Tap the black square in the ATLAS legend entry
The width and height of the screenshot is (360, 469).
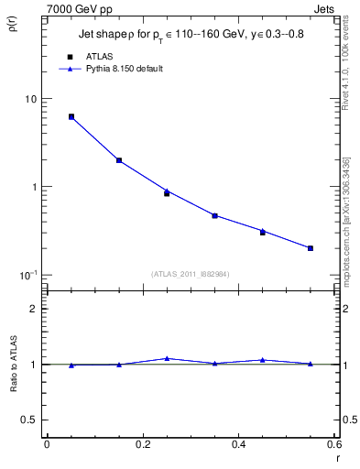tap(70, 57)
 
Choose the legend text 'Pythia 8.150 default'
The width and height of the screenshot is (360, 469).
tap(124, 69)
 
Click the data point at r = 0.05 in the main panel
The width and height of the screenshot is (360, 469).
tap(71, 117)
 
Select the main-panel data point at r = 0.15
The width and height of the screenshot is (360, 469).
tap(119, 160)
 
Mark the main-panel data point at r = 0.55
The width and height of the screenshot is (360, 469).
tap(311, 248)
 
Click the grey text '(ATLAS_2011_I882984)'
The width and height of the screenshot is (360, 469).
tap(191, 275)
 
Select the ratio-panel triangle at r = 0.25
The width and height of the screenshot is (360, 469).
tap(167, 358)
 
